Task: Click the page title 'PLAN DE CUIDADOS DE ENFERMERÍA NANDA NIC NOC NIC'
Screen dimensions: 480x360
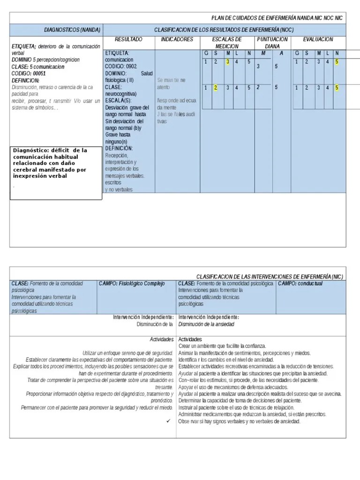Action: pyautogui.click(x=277, y=18)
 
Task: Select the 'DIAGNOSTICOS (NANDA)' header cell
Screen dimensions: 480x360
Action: pyautogui.click(x=72, y=30)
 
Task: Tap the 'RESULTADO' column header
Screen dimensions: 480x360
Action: pyautogui.click(x=128, y=39)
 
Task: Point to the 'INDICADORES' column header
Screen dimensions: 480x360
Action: pyautogui.click(x=177, y=39)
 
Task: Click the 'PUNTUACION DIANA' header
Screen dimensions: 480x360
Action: pyautogui.click(x=272, y=43)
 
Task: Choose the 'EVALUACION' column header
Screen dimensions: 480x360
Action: pyautogui.click(x=318, y=39)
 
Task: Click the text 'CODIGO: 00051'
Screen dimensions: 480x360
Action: pyautogui.click(x=29, y=74)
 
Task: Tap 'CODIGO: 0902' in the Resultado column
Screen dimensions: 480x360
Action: pyautogui.click(x=121, y=67)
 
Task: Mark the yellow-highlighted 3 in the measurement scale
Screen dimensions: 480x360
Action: pyautogui.click(x=227, y=61)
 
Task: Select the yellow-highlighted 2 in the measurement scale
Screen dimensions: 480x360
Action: pyautogui.click(x=216, y=87)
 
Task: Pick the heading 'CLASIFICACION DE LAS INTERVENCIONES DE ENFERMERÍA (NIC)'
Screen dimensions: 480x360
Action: pyautogui.click(x=269, y=277)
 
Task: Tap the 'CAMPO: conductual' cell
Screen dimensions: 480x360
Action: pyautogui.click(x=300, y=284)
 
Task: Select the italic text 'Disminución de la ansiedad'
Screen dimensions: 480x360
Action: pyautogui.click(x=206, y=324)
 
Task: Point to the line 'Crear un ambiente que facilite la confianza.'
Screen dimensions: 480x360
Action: pyautogui.click(x=222, y=345)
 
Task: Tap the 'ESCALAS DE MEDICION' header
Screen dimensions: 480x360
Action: pyautogui.click(x=227, y=43)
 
